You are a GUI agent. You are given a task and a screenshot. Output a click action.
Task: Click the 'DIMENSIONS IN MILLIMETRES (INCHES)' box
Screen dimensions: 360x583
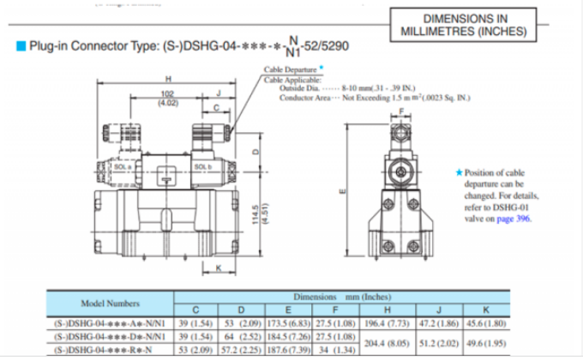[x=464, y=26]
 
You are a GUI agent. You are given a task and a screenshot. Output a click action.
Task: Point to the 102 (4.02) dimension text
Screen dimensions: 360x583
[x=168, y=99]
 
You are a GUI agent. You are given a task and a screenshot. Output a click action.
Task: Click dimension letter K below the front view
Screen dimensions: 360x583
[x=219, y=269]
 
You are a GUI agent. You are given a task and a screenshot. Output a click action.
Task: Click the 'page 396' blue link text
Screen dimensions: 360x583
[x=514, y=219]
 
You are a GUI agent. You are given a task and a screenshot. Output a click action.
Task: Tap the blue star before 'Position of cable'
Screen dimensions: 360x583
[x=460, y=172]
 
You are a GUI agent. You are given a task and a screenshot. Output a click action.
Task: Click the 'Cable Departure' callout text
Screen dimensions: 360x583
[x=289, y=68]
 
